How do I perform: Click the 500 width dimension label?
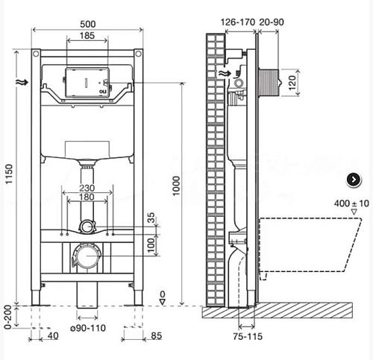[x=87, y=24]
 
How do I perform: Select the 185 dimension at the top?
[x=87, y=36]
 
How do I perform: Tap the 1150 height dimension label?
[x=9, y=174]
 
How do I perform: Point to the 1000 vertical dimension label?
[x=176, y=186]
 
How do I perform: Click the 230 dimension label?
[x=87, y=188]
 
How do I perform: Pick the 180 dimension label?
[x=87, y=197]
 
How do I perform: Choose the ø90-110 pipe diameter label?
[x=88, y=328]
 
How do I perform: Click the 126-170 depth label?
[x=238, y=22]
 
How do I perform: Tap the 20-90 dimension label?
[x=272, y=22]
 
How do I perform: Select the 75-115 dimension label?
[x=248, y=337]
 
